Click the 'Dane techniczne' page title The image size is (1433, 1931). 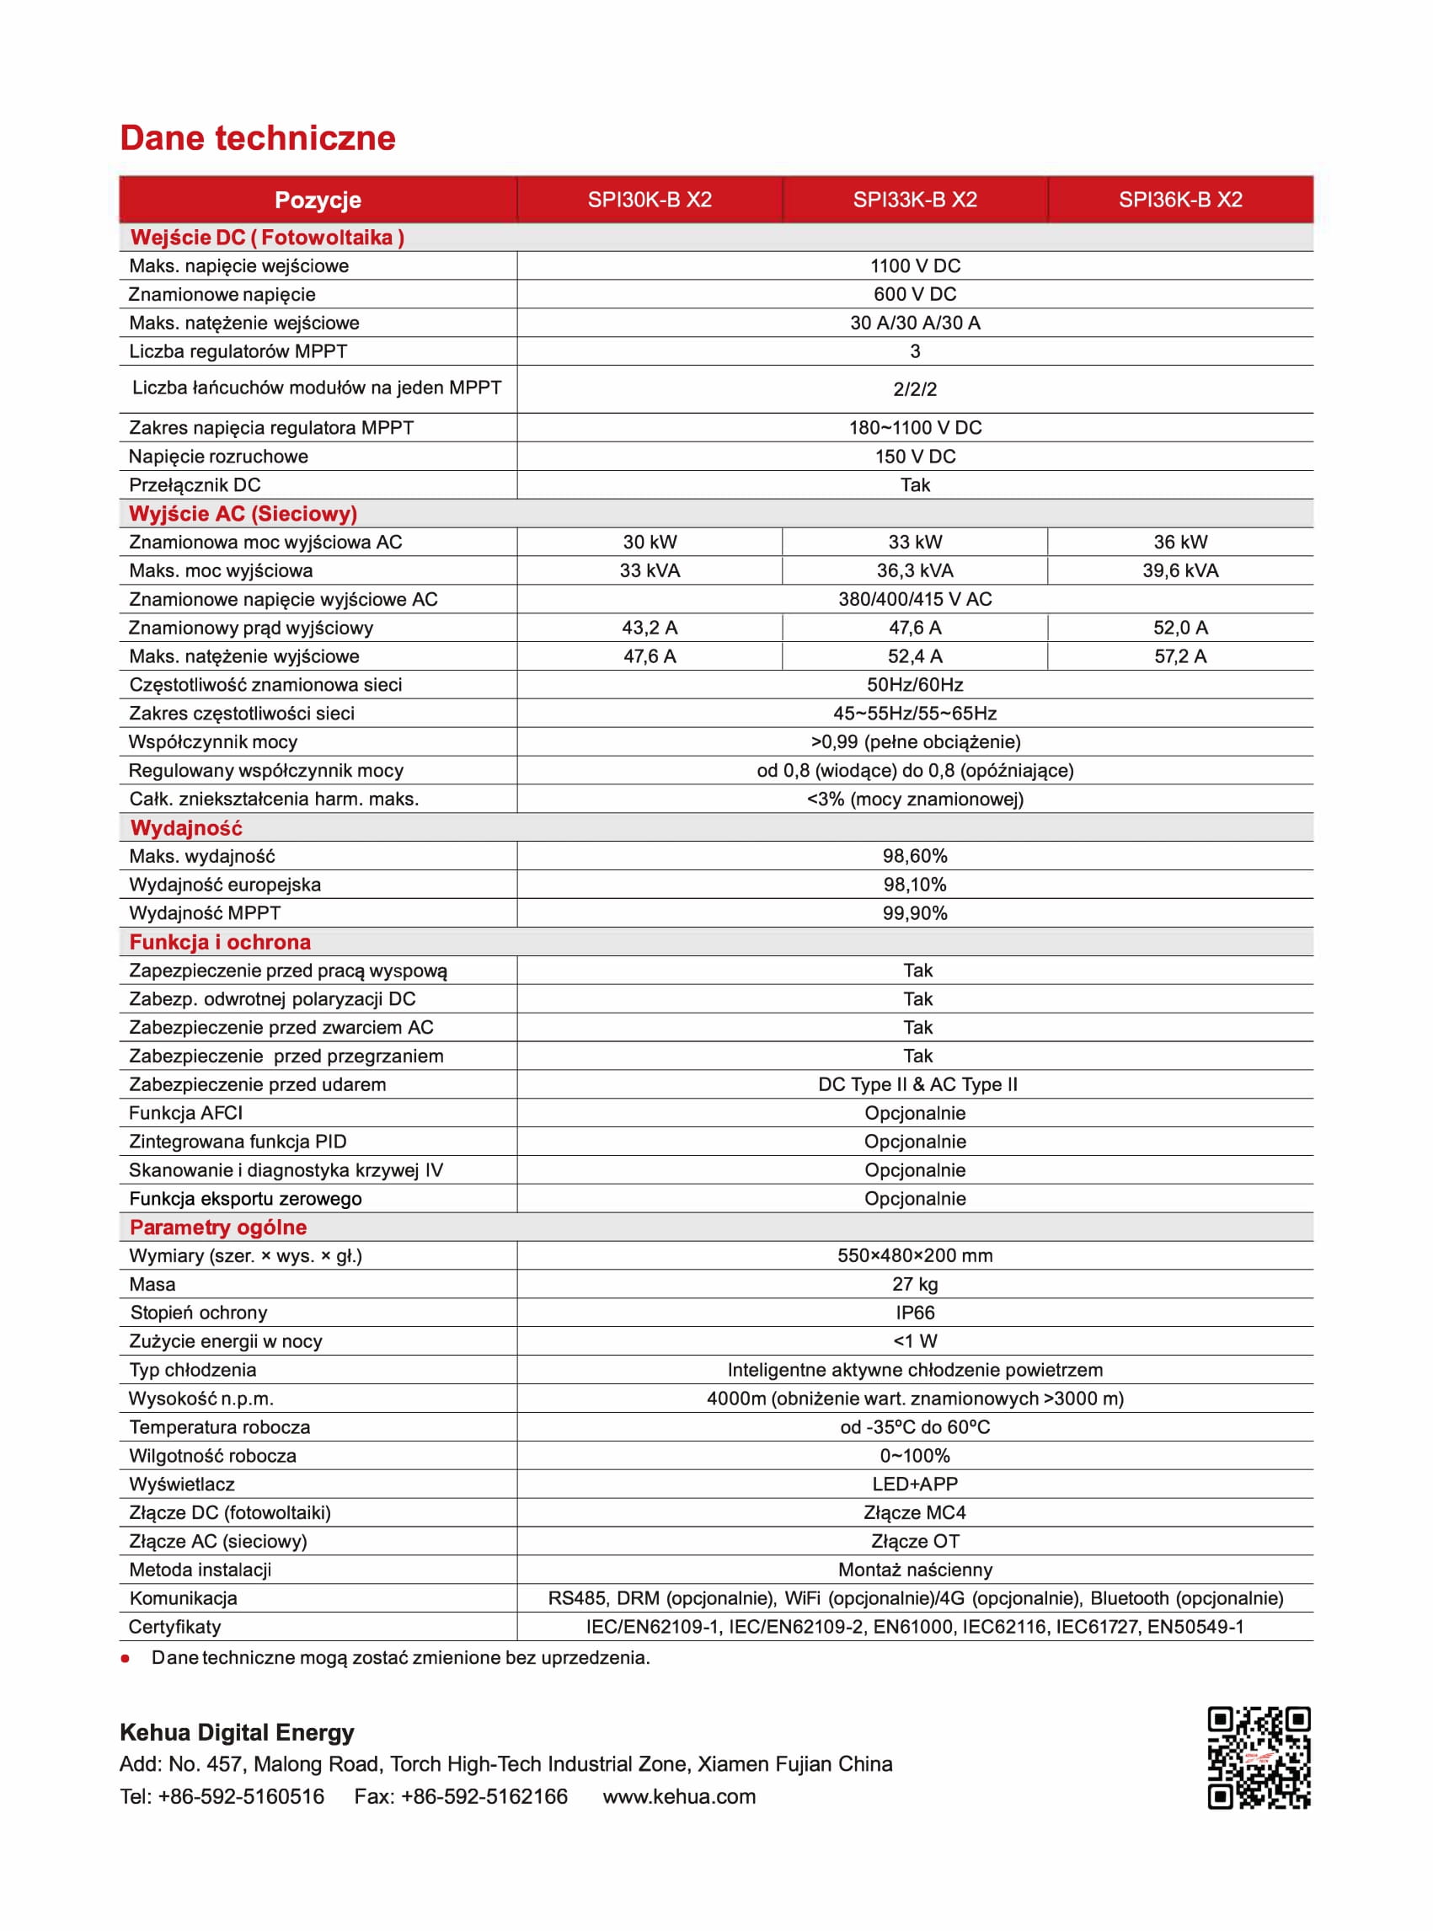(x=257, y=138)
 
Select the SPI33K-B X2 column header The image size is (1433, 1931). (x=914, y=200)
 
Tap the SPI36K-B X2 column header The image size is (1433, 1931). (x=1179, y=200)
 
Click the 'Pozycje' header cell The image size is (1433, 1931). (x=318, y=201)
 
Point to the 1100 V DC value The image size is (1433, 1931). (x=914, y=265)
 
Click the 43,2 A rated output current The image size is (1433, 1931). (x=649, y=627)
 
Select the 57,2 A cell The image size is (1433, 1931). (x=1179, y=655)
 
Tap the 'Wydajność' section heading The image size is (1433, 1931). (x=185, y=827)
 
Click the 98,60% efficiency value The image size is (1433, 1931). (x=914, y=856)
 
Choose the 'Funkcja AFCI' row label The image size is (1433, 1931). (x=185, y=1113)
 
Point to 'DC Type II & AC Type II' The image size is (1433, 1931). (x=917, y=1084)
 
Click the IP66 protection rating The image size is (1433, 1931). (x=914, y=1313)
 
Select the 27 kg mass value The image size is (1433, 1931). (x=914, y=1284)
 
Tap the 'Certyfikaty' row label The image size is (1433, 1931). (x=174, y=1627)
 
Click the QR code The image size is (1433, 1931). (x=1259, y=1757)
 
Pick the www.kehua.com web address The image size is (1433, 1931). (x=679, y=1796)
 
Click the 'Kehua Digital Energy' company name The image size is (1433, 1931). (x=237, y=1732)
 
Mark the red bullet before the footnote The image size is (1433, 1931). (x=126, y=1659)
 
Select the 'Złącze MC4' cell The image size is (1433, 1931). (x=914, y=1513)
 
